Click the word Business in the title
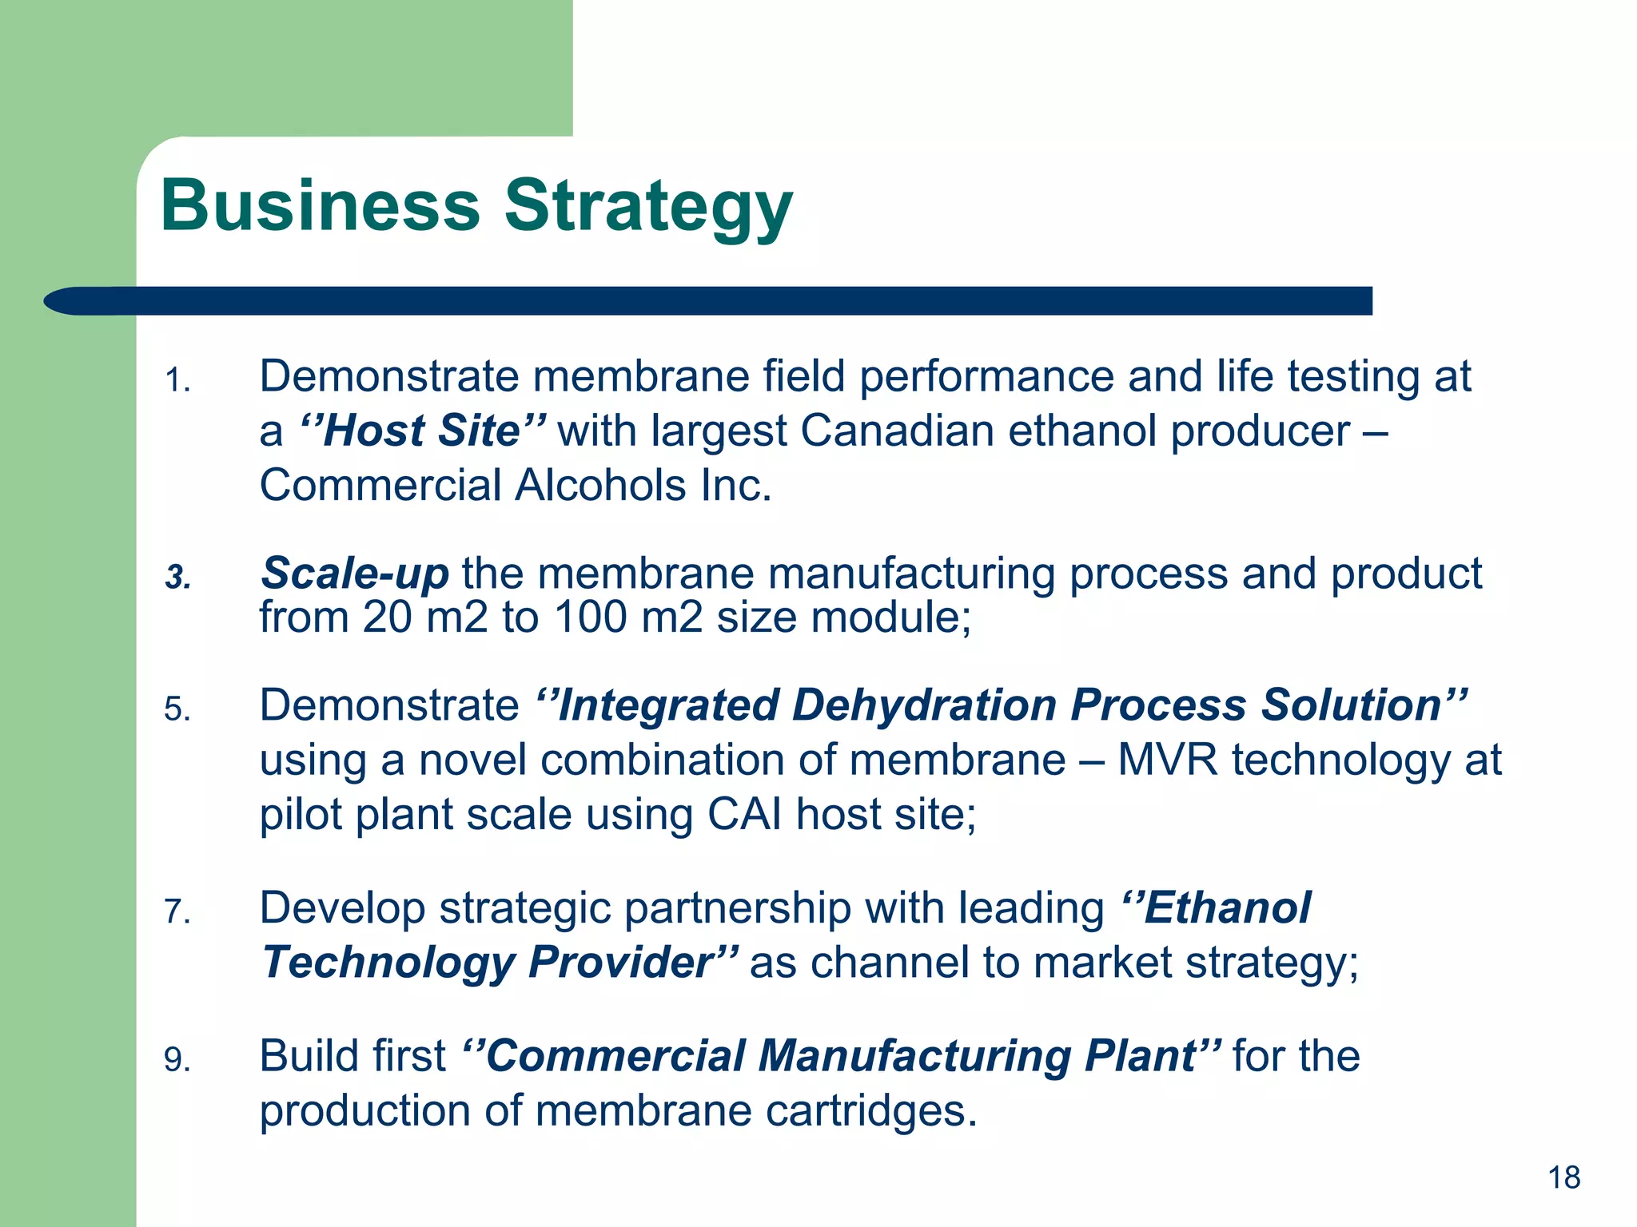[x=320, y=205]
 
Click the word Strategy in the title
[x=647, y=208]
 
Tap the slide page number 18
[x=1563, y=1177]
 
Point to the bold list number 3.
[x=177, y=577]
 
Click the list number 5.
[x=177, y=709]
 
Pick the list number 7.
[x=177, y=911]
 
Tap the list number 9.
[x=177, y=1060]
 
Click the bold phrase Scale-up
[x=354, y=574]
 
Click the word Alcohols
[x=600, y=486]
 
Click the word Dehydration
[x=924, y=705]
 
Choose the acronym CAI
[x=744, y=815]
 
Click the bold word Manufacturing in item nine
[x=914, y=1056]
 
